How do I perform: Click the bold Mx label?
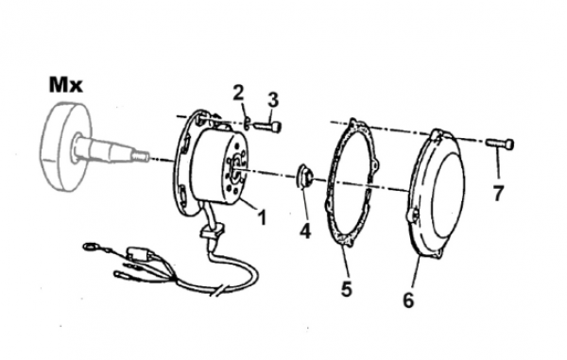coord(66,85)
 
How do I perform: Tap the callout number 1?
coord(261,217)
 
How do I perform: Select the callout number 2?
coord(238,93)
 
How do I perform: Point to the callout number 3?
coord(274,99)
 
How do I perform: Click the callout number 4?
coord(305,231)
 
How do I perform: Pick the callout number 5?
coord(347,289)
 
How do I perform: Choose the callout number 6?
coord(408,300)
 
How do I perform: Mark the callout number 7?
coord(498,194)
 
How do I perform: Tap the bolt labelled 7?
coord(500,144)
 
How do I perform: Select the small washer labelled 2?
coord(247,123)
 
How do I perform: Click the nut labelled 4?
coord(303,177)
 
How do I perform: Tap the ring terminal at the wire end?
coord(88,248)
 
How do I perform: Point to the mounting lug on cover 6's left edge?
coord(412,215)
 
